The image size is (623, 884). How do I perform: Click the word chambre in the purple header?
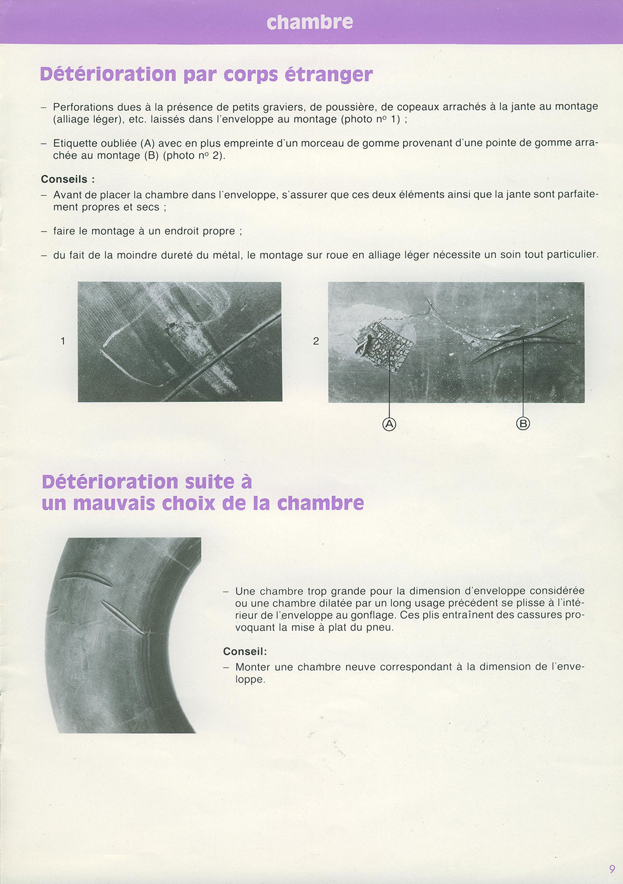click(310, 22)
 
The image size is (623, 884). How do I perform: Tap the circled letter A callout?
click(389, 424)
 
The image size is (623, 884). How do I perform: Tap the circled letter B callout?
click(523, 424)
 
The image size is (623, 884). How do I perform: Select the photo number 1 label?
click(63, 341)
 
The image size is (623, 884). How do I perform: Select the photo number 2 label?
click(316, 341)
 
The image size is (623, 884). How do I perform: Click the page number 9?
click(612, 869)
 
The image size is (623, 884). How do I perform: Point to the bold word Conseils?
click(64, 179)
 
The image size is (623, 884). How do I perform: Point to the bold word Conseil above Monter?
click(245, 651)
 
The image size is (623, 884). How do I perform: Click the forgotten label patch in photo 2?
click(385, 346)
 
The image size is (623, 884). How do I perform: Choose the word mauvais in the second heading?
click(114, 503)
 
